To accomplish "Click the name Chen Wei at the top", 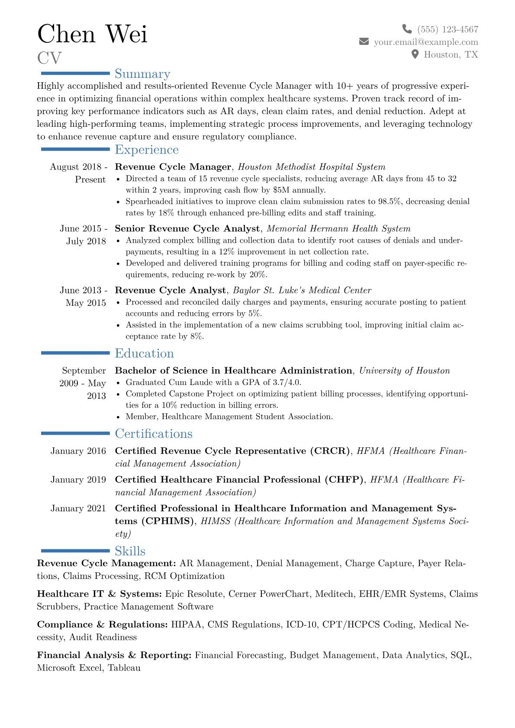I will click(x=92, y=34).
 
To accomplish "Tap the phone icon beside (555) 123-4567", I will click(x=407, y=29).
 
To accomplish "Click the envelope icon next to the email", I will click(x=364, y=42).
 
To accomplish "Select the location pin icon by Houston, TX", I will click(x=415, y=54).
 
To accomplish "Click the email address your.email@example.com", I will click(x=426, y=42).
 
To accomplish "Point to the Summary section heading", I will click(x=142, y=74).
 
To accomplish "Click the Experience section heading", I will click(x=147, y=150).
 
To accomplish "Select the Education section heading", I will click(x=144, y=353).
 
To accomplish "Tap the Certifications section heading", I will click(x=154, y=433).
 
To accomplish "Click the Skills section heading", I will click(x=130, y=551).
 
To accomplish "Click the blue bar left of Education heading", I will click(x=75, y=353).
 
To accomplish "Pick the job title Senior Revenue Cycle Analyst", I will click(x=187, y=228).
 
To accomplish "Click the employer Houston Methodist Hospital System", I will click(x=312, y=167).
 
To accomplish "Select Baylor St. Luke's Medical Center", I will click(x=302, y=290).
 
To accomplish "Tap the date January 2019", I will click(x=78, y=480).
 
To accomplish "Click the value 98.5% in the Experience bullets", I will click(x=389, y=202).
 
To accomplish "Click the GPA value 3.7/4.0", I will click(x=286, y=382).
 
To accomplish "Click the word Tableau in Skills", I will click(x=124, y=668).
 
